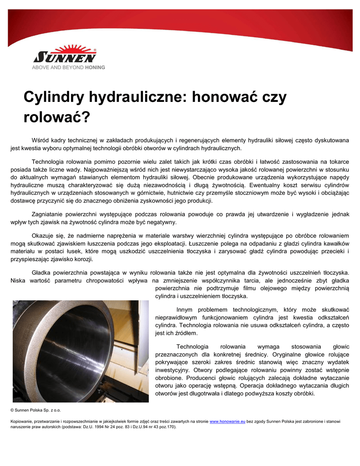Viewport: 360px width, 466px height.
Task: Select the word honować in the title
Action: pos(219,97)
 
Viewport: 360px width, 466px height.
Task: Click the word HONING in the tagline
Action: pos(95,67)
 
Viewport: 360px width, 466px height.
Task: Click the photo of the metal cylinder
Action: pos(80,350)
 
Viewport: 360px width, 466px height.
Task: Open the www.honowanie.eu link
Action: pos(227,422)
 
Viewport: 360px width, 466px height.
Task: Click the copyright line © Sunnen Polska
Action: pos(35,410)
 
